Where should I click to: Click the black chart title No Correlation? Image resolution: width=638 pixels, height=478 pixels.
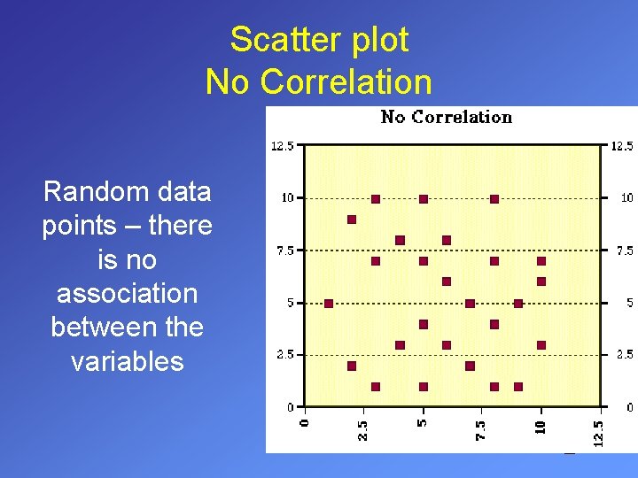(447, 117)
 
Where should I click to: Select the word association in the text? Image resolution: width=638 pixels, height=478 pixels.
(127, 293)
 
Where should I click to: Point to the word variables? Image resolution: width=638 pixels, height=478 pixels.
(127, 361)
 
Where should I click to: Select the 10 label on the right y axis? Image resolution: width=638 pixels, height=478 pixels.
(626, 198)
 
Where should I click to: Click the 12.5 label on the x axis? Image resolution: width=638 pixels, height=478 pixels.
(600, 433)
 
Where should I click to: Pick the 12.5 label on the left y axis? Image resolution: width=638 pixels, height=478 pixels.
(283, 146)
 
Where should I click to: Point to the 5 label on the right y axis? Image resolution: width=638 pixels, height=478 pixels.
(629, 303)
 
